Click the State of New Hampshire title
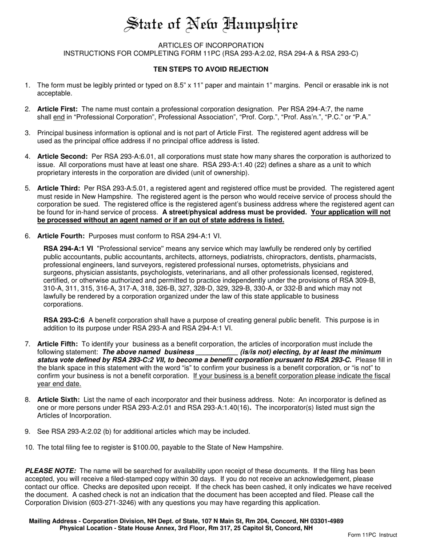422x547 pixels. point(211,24)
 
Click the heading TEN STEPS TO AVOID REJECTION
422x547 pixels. point(211,69)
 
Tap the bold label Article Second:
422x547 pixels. point(62,157)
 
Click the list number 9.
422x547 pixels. point(28,431)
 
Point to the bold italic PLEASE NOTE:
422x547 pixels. point(51,471)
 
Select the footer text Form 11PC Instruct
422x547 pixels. point(372,535)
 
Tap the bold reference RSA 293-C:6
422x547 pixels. point(64,320)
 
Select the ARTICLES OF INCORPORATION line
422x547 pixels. point(211,45)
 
